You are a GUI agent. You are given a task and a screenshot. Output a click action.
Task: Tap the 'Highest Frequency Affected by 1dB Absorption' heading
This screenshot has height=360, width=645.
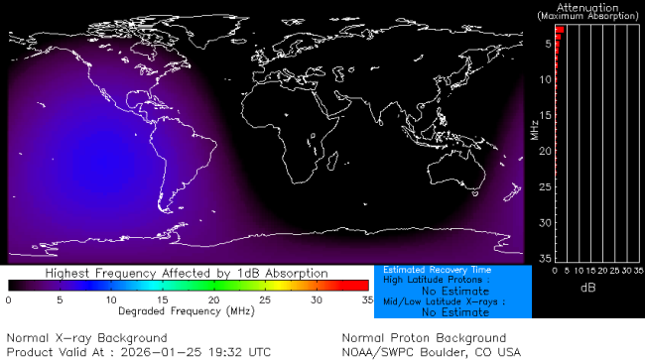(188, 273)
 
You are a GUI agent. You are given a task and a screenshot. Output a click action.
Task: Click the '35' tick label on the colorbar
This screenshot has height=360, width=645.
(366, 299)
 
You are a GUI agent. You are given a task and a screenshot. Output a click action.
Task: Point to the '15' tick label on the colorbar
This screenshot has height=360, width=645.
(162, 299)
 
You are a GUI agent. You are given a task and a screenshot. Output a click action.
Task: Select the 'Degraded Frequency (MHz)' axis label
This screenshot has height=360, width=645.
(187, 310)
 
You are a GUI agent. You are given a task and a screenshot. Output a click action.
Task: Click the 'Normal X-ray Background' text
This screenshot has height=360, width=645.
(87, 338)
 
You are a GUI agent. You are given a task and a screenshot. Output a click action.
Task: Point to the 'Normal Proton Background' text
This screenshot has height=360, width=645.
(424, 338)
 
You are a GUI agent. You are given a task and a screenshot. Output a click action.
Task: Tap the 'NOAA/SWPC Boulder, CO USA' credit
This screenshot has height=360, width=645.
(431, 352)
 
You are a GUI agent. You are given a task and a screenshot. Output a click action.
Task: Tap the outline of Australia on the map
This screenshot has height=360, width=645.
(465, 169)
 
